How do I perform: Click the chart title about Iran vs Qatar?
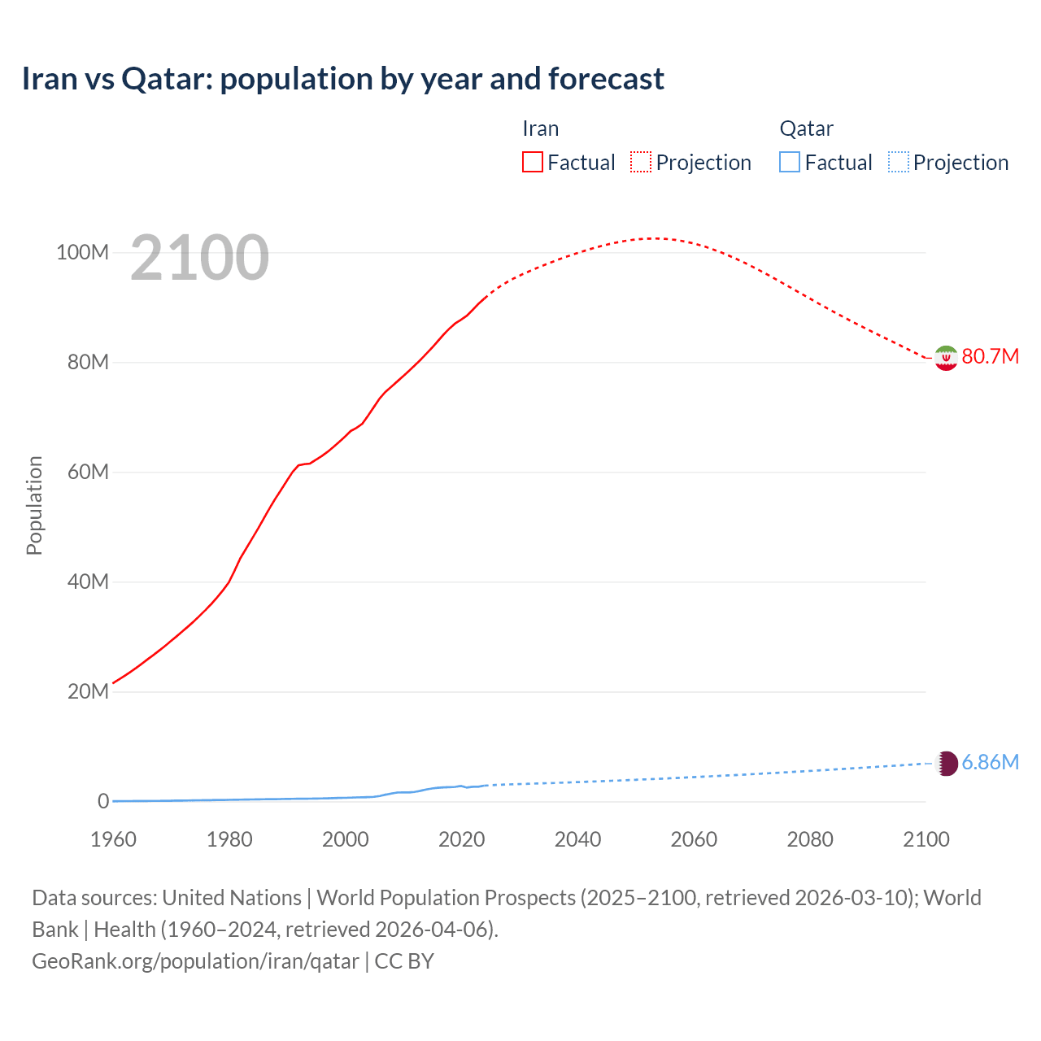(x=342, y=79)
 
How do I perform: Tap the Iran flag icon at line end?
(x=946, y=358)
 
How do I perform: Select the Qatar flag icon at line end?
(x=947, y=763)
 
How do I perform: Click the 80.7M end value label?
(x=990, y=357)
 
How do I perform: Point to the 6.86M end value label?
(x=990, y=762)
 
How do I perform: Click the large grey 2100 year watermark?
(x=199, y=258)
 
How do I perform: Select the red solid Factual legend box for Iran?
(x=533, y=163)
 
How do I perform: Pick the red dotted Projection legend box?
(x=641, y=163)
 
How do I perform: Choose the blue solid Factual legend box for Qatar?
(x=790, y=163)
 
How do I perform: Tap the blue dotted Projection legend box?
(x=899, y=163)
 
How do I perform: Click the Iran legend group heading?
(x=541, y=128)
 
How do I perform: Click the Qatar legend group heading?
(x=806, y=128)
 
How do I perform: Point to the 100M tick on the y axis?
(x=82, y=253)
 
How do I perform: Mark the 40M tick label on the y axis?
(x=88, y=582)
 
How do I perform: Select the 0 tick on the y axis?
(x=103, y=801)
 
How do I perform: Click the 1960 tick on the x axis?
(x=113, y=839)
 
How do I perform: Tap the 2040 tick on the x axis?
(x=577, y=839)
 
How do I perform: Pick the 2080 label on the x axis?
(x=810, y=839)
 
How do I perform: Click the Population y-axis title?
(x=34, y=505)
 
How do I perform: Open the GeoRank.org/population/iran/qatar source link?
(x=195, y=961)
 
